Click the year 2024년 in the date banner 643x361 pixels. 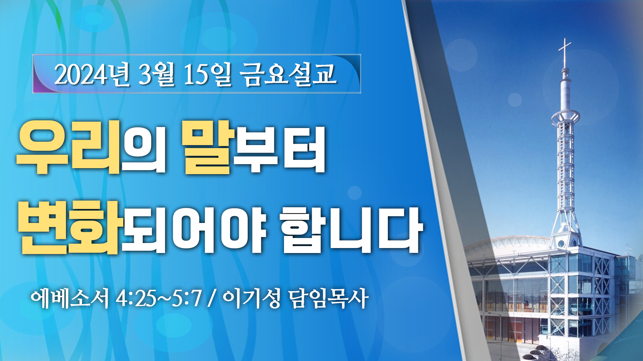(x=92, y=74)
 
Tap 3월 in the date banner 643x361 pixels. (x=157, y=74)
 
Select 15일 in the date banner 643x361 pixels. (x=208, y=74)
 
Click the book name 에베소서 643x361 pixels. (x=70, y=298)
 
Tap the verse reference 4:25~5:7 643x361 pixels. (x=159, y=298)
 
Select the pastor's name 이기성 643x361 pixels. (x=251, y=298)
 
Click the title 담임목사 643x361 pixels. (x=328, y=298)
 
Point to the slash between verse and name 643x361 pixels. (x=211, y=298)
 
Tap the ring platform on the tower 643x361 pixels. (x=565, y=117)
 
